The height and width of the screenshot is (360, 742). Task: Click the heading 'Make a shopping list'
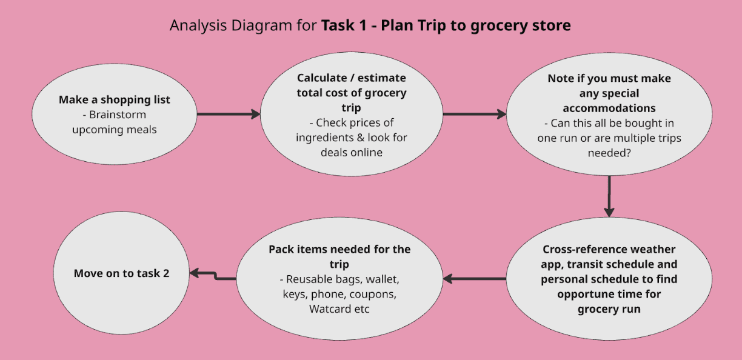tap(115, 100)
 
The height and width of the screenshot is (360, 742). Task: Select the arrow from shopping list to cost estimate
tap(228, 114)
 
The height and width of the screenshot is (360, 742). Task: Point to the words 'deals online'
tap(352, 152)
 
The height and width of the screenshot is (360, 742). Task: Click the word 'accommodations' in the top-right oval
tap(609, 108)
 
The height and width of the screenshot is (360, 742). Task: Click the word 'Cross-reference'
tap(577, 250)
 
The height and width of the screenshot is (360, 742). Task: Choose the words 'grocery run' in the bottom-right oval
tap(609, 309)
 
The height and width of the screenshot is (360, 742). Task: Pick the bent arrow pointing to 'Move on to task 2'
tap(212, 276)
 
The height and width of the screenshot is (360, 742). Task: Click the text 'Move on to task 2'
tap(121, 273)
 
